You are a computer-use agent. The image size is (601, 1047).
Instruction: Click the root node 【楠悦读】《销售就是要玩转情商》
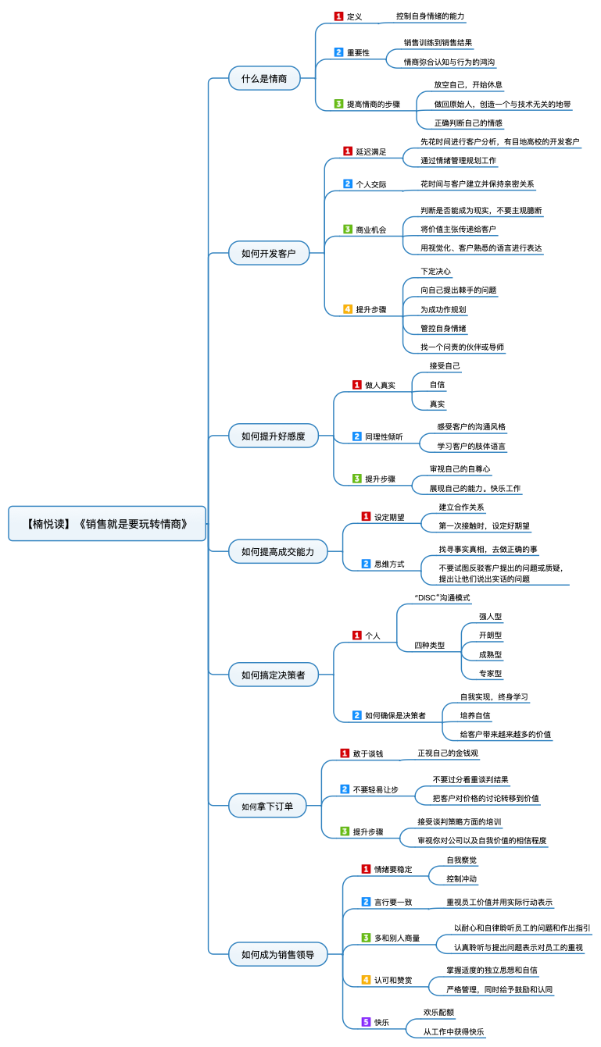click(x=107, y=523)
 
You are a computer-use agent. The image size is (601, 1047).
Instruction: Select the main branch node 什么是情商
click(x=264, y=78)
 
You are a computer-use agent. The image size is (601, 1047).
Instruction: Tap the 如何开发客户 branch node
click(x=269, y=253)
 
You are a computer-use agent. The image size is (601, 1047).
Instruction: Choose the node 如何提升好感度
click(x=274, y=436)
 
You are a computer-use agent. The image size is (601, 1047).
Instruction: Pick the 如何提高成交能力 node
click(x=277, y=551)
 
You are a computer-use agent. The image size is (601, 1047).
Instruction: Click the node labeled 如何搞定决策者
click(x=274, y=675)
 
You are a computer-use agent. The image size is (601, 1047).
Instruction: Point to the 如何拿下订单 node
click(x=267, y=806)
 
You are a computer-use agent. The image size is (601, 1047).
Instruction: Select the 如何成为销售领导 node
click(x=277, y=954)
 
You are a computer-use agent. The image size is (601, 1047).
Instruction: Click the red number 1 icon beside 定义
click(x=338, y=16)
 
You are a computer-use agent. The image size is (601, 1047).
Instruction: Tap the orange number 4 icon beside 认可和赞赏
click(x=367, y=980)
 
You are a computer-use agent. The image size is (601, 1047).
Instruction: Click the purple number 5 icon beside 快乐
click(x=367, y=1022)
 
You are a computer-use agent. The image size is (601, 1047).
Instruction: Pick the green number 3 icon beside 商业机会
click(x=348, y=229)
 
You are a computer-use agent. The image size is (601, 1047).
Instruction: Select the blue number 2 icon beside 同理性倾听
click(x=357, y=436)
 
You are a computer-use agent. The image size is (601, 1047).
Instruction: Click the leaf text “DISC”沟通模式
click(x=442, y=598)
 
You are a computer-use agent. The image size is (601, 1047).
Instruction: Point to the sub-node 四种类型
click(x=429, y=646)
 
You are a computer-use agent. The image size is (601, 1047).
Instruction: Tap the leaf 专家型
click(x=490, y=674)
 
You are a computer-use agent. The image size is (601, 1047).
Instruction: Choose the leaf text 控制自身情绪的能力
click(x=431, y=16)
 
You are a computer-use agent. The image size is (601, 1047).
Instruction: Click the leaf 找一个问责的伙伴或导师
click(x=462, y=347)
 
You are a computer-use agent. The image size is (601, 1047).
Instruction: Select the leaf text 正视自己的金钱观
click(x=448, y=753)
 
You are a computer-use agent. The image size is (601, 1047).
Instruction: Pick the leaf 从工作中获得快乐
click(x=453, y=1031)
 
